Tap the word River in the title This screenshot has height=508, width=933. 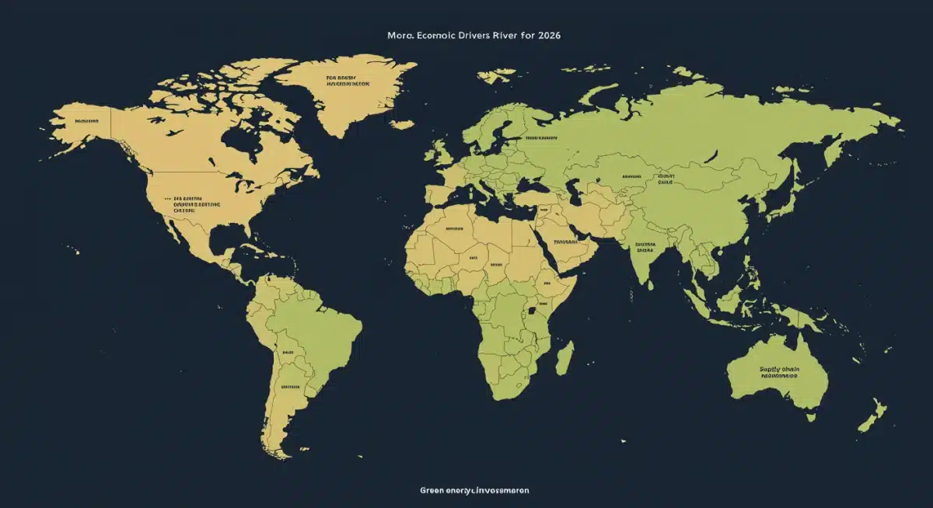(x=501, y=36)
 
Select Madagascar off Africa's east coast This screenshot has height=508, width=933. (x=565, y=357)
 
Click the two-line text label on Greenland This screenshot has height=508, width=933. (x=348, y=82)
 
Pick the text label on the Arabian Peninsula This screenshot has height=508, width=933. (x=565, y=242)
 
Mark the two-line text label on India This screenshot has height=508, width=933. (x=645, y=247)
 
